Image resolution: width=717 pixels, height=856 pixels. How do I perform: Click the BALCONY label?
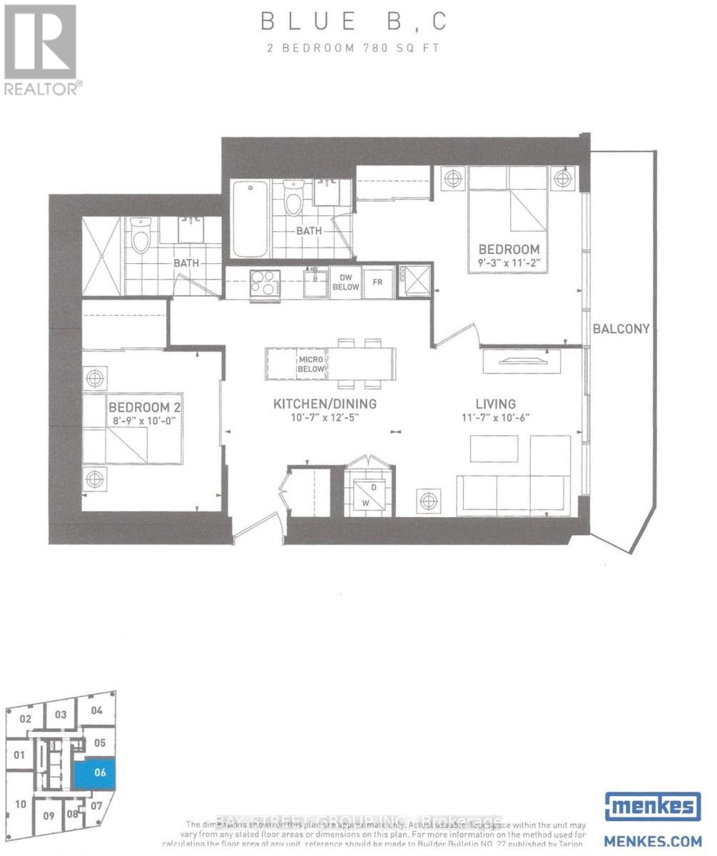[x=620, y=329]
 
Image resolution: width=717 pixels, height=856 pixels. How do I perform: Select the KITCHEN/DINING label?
[x=325, y=404]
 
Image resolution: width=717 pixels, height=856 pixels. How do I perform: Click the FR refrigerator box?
[x=378, y=282]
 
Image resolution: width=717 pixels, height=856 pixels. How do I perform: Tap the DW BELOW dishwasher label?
[x=345, y=282]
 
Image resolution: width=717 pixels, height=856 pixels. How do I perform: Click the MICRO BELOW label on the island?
[x=312, y=365]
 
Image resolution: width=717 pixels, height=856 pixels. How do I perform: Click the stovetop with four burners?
[x=265, y=283]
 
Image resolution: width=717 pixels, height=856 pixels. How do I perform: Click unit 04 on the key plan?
[x=97, y=710]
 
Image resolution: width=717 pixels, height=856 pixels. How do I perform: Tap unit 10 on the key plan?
[x=21, y=804]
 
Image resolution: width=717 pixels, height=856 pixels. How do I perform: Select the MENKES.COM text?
[x=651, y=840]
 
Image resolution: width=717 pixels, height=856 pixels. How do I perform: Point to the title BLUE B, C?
[x=355, y=22]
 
